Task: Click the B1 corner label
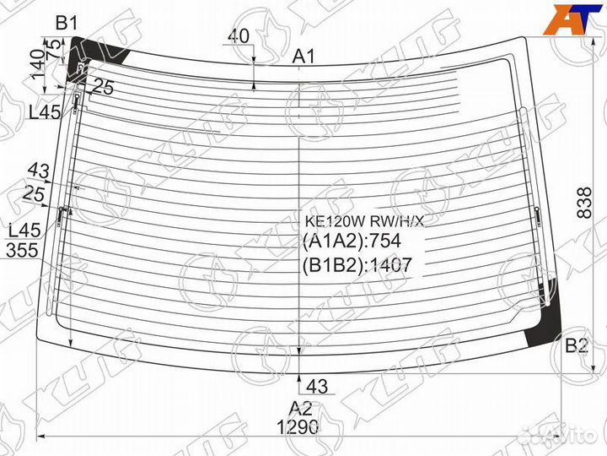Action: (67, 23)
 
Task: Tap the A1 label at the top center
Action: (303, 57)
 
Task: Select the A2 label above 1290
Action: (301, 405)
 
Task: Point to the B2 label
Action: (576, 345)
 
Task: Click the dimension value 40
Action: (238, 36)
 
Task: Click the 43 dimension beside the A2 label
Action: (318, 387)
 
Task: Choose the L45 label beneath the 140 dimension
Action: (44, 111)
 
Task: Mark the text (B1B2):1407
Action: (356, 265)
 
